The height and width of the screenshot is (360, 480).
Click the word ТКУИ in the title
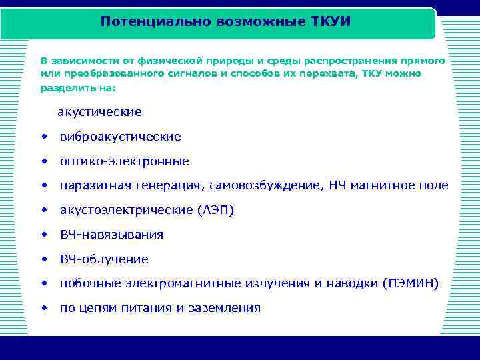click(331, 21)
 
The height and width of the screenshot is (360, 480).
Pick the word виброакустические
click(120, 137)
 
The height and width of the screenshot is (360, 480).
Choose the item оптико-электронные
click(124, 161)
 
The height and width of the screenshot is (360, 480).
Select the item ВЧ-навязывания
click(111, 235)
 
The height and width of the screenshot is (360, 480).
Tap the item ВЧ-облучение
click(104, 259)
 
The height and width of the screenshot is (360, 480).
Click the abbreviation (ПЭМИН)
click(411, 283)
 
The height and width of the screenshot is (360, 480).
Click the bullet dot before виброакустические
click(44, 137)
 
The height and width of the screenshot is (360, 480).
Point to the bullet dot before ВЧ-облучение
click(44, 259)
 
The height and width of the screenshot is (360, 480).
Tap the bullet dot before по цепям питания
click(44, 308)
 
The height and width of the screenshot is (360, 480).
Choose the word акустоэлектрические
click(126, 211)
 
